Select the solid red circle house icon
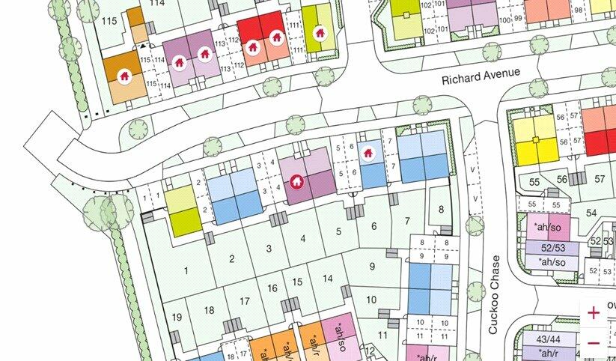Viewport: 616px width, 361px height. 296,181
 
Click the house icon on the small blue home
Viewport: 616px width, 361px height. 368,153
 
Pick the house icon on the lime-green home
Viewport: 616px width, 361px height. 320,33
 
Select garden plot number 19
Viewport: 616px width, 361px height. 177,317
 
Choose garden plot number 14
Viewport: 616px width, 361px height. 327,279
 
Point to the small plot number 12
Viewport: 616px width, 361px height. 370,349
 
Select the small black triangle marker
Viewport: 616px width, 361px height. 141,46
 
